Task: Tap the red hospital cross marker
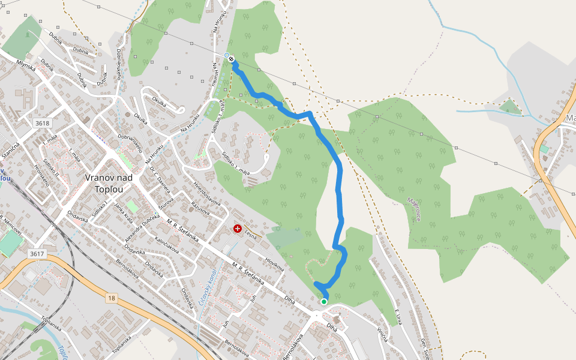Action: click(x=238, y=229)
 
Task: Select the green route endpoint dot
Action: click(x=324, y=301)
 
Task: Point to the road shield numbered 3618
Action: click(x=43, y=123)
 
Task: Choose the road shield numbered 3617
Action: click(x=37, y=254)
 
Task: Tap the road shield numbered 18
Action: click(x=112, y=298)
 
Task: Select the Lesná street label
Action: click(x=250, y=238)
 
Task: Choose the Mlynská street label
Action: click(x=26, y=65)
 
